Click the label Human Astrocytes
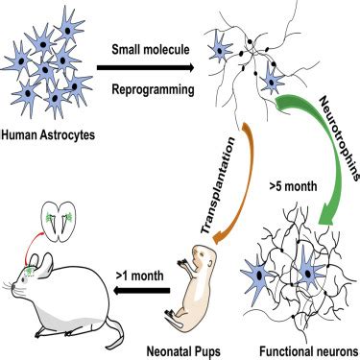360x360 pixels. (x=53, y=131)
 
